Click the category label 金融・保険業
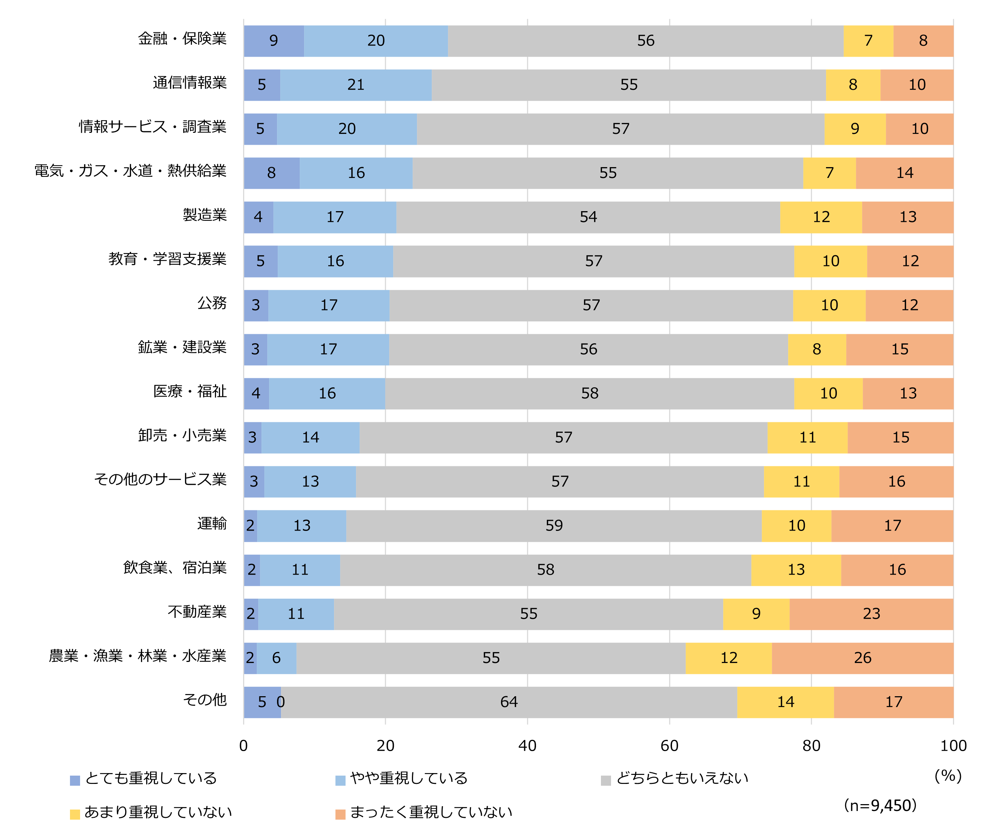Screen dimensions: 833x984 (182, 39)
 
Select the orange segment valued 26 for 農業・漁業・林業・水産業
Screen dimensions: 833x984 (862, 658)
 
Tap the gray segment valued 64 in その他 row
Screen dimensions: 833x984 (509, 702)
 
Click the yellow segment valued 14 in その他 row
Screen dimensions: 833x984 (785, 702)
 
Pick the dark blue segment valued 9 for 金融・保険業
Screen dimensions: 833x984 (274, 41)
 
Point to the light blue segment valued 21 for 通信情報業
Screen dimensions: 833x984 (356, 85)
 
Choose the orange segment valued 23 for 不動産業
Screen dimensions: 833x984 (871, 614)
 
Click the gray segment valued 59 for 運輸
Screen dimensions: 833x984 (554, 525)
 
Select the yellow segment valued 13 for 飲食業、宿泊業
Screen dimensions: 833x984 (796, 570)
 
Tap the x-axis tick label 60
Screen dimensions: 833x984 (669, 746)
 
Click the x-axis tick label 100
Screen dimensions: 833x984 (953, 746)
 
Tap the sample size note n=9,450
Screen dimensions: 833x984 (880, 805)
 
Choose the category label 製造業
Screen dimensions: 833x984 (205, 215)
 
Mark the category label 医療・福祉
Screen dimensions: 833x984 (190, 392)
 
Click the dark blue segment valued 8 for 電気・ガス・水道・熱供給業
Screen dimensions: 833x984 (271, 173)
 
